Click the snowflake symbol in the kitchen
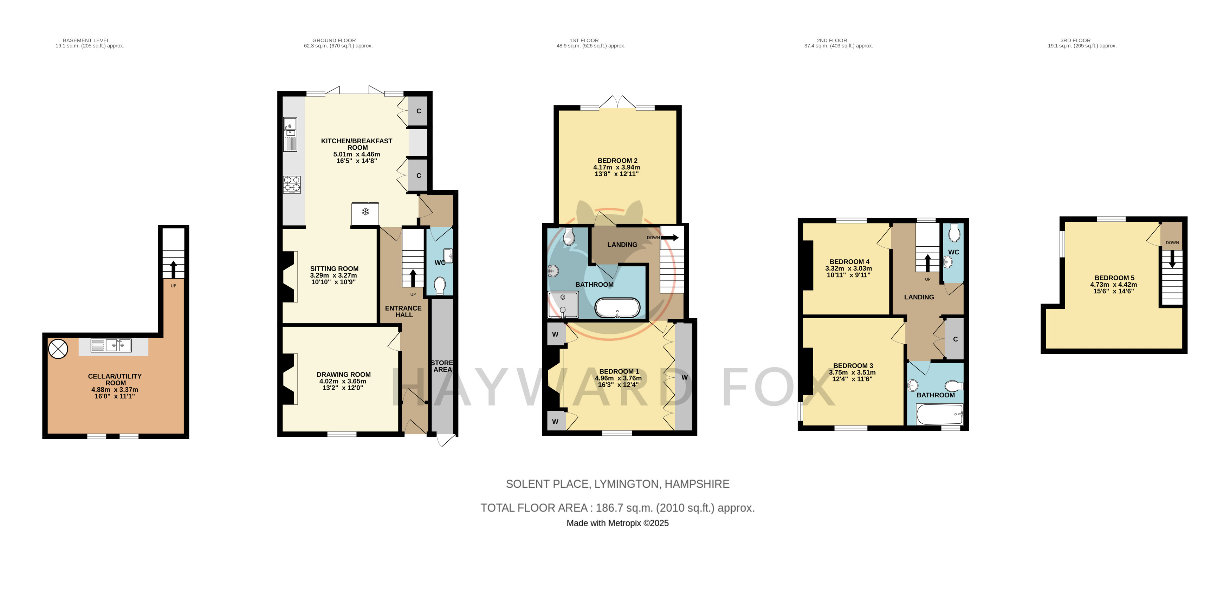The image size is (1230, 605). [365, 212]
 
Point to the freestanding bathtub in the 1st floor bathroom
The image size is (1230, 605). [617, 308]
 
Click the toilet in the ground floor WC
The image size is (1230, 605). [440, 286]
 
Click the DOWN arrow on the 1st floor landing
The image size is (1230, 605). [669, 237]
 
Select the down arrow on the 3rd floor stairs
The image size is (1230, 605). [1172, 260]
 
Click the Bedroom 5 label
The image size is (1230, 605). [1114, 278]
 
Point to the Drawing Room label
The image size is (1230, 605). [343, 375]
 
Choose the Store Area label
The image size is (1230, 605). [442, 366]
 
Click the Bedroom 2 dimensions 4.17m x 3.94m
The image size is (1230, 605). [616, 168]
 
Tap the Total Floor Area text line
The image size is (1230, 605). [617, 508]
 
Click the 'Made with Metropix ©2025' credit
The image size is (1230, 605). [617, 523]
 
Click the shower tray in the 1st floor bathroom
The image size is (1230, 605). [563, 305]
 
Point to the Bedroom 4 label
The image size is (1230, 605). [849, 262]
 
